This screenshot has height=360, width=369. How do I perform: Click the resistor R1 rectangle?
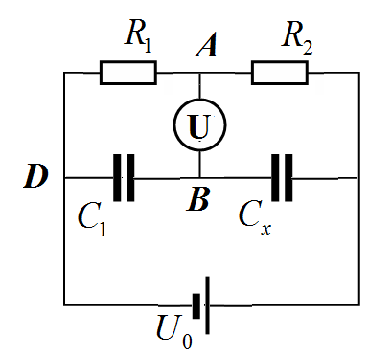click(128, 73)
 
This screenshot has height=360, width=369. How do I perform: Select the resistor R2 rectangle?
click(280, 73)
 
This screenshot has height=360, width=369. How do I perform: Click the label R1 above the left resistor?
click(138, 36)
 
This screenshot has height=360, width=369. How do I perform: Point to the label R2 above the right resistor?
click(297, 37)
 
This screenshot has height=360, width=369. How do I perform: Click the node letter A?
click(206, 45)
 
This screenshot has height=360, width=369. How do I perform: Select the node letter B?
click(198, 199)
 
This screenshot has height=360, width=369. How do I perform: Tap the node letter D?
click(35, 175)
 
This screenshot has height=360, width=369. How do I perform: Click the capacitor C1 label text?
click(92, 219)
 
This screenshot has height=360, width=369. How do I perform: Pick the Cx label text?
click(255, 217)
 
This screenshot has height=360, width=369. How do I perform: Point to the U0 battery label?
click(174, 331)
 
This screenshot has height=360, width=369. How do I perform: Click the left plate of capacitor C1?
click(117, 178)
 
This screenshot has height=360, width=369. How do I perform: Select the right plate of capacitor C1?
click(130, 178)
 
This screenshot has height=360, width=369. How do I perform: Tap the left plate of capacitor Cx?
click(275, 178)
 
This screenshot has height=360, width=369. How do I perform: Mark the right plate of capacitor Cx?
click(288, 178)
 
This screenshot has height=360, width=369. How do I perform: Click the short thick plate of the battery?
click(196, 306)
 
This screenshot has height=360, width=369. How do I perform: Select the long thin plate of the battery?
click(208, 305)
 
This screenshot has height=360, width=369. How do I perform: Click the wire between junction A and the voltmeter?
click(200, 86)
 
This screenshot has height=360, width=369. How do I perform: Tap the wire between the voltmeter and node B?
click(200, 164)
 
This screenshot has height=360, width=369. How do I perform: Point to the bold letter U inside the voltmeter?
click(199, 126)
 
